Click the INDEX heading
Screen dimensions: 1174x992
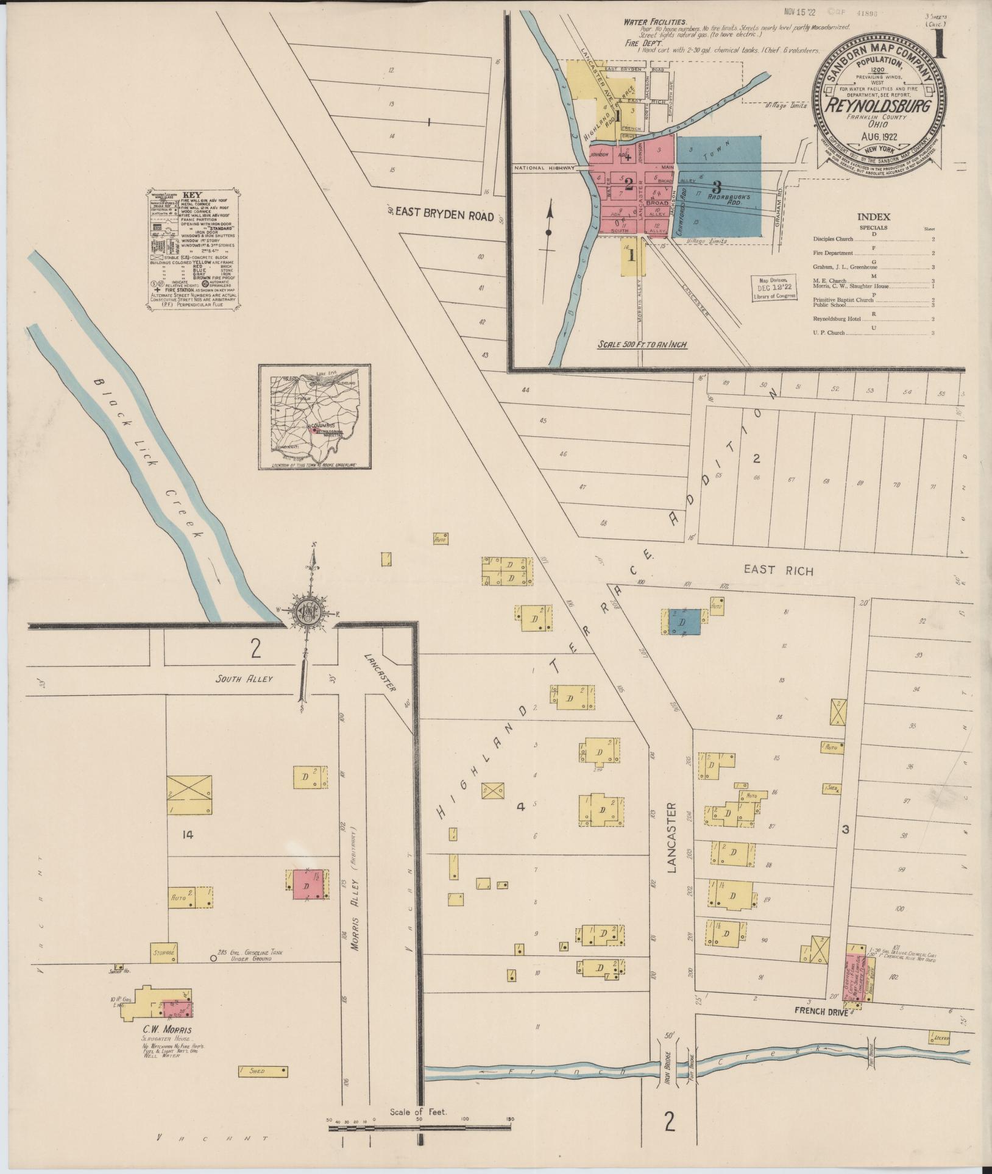pyautogui.click(x=873, y=217)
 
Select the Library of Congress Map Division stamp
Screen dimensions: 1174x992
pyautogui.click(x=773, y=285)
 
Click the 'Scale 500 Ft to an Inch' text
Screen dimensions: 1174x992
pyautogui.click(x=642, y=344)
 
